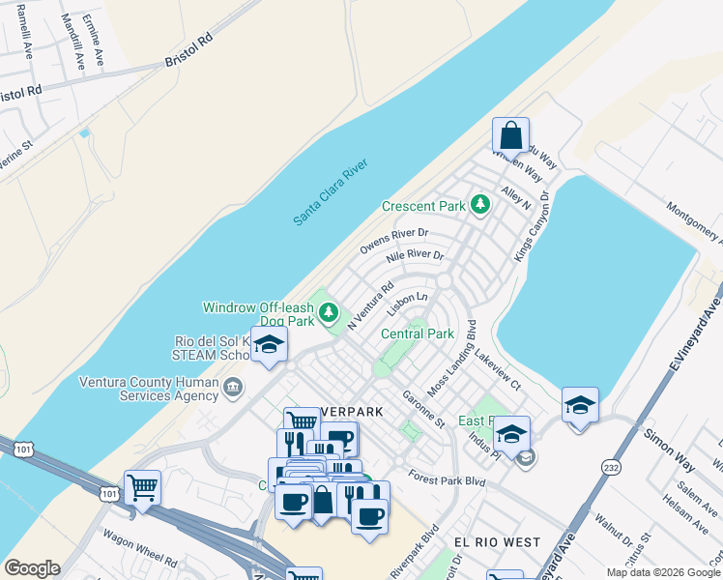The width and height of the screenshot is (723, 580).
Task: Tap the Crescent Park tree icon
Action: [479, 205]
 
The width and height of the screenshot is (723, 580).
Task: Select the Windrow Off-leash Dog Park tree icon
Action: [329, 312]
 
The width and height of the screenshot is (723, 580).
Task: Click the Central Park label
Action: [418, 333]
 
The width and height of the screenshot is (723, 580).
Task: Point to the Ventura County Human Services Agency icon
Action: [233, 389]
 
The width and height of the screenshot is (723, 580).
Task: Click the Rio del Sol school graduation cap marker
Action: [270, 344]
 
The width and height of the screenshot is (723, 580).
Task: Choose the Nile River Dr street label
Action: [415, 257]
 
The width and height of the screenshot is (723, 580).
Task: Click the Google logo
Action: [32, 568]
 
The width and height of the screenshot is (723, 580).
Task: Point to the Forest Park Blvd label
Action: [446, 478]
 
